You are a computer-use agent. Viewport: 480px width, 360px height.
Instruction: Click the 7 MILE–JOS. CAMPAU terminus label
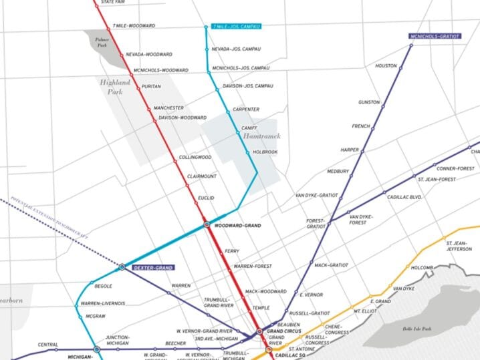click(236, 26)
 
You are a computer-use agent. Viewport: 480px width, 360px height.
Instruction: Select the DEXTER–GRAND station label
click(153, 267)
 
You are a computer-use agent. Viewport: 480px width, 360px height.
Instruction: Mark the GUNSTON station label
click(369, 102)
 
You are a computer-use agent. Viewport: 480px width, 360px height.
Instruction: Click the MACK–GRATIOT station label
click(331, 265)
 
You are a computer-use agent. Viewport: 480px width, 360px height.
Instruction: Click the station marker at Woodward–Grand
click(207, 226)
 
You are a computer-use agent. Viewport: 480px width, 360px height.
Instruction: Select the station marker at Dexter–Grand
click(122, 267)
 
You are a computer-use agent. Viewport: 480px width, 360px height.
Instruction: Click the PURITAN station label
click(152, 86)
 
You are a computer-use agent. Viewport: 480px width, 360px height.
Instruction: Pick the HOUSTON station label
click(386, 66)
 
